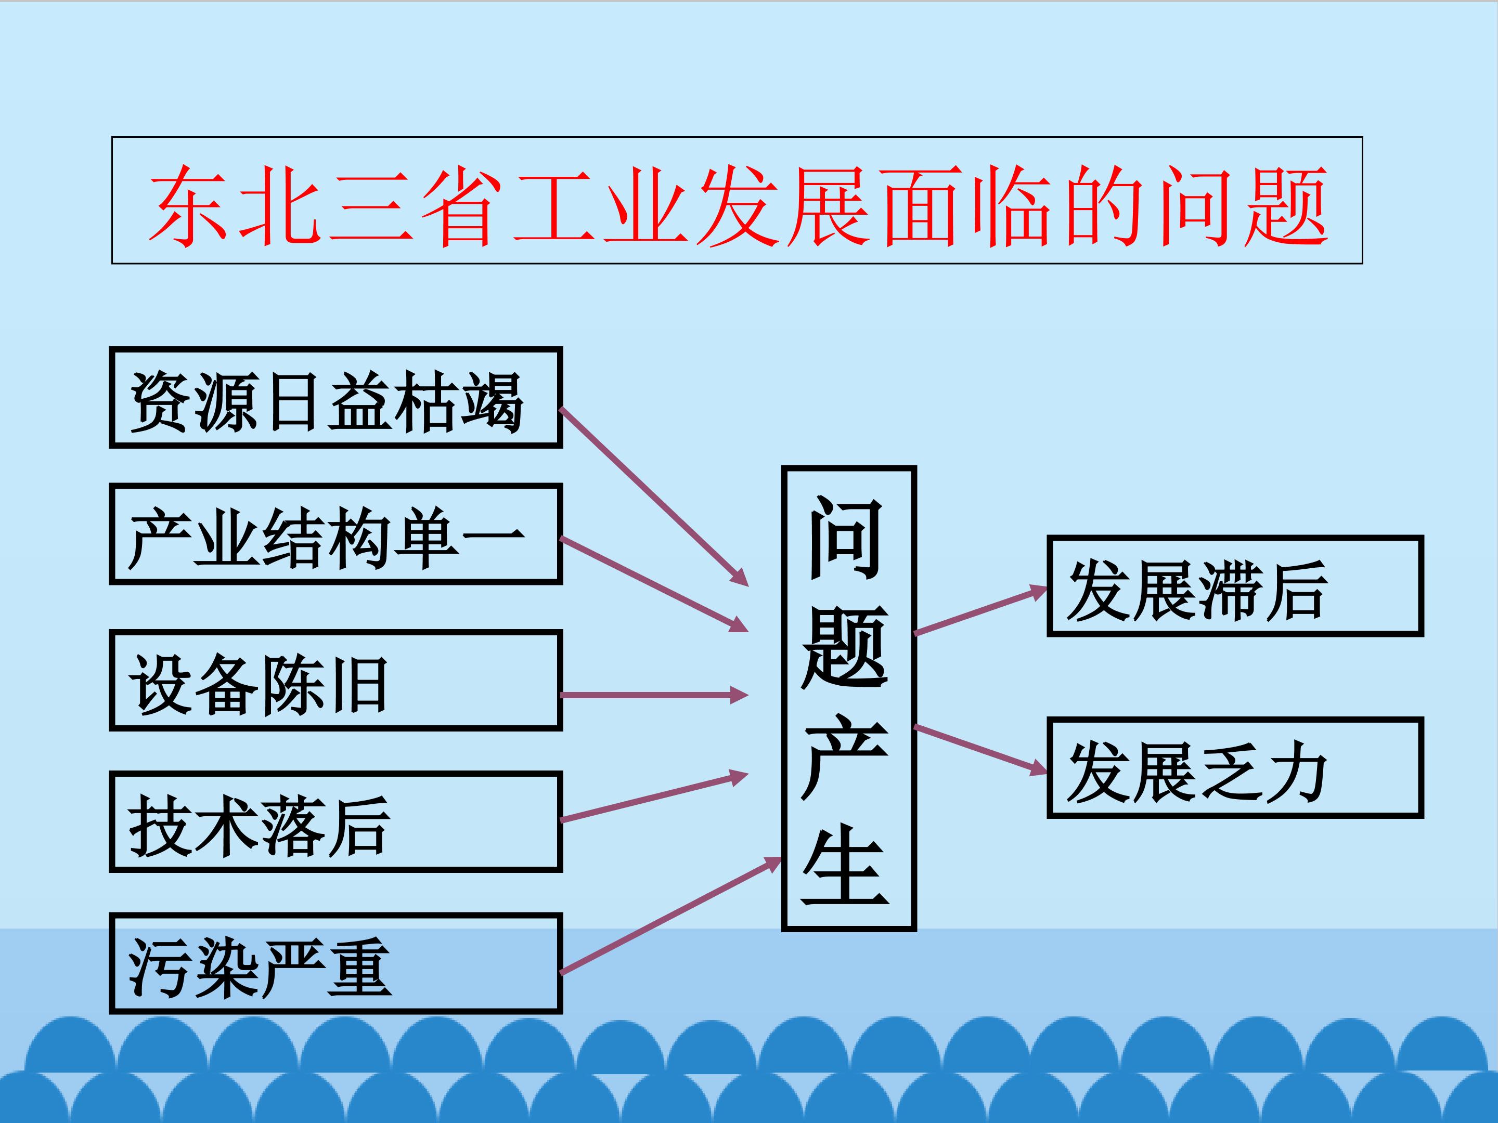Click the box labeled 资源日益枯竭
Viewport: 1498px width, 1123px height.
[x=336, y=397]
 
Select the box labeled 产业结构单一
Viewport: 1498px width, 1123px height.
[x=336, y=533]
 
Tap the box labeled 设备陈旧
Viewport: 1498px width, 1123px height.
[x=336, y=680]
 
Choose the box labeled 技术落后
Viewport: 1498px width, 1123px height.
[x=336, y=821]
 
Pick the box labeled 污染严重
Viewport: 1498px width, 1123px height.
[x=336, y=963]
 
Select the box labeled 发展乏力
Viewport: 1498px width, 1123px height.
[x=1235, y=767]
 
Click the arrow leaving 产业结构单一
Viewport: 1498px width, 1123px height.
[x=653, y=585]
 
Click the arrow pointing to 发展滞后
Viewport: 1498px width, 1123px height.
[x=980, y=610]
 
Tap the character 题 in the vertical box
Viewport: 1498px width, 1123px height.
[x=845, y=647]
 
